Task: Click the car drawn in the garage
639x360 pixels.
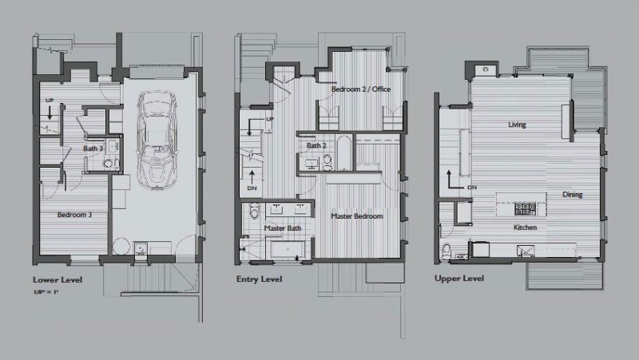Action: pyautogui.click(x=157, y=140)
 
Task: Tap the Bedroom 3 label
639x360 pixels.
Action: pyautogui.click(x=74, y=215)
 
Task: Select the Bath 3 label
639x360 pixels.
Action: pyautogui.click(x=93, y=148)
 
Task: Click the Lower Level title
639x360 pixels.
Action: pyautogui.click(x=58, y=279)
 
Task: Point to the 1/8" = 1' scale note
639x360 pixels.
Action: pyautogui.click(x=46, y=292)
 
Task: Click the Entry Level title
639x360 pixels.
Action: pyautogui.click(x=259, y=279)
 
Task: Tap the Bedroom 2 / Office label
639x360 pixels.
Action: pyautogui.click(x=361, y=89)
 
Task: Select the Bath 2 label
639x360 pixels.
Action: pyautogui.click(x=316, y=145)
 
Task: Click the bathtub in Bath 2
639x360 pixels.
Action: pyautogui.click(x=344, y=152)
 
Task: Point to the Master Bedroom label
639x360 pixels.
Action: pyautogui.click(x=357, y=216)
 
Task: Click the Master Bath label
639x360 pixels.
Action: pyautogui.click(x=283, y=228)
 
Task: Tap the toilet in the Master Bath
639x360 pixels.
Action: pyautogui.click(x=254, y=211)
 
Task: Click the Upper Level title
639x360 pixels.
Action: pyautogui.click(x=459, y=279)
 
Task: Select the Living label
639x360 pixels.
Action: pyautogui.click(x=517, y=125)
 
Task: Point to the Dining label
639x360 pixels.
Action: pyautogui.click(x=573, y=194)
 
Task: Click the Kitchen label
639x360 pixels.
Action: pyautogui.click(x=525, y=227)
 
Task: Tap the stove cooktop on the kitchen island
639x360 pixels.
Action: pyautogui.click(x=525, y=208)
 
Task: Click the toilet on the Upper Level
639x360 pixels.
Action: pyautogui.click(x=447, y=250)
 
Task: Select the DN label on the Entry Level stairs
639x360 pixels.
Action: pyautogui.click(x=252, y=188)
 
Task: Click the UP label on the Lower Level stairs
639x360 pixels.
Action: pyautogui.click(x=50, y=101)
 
